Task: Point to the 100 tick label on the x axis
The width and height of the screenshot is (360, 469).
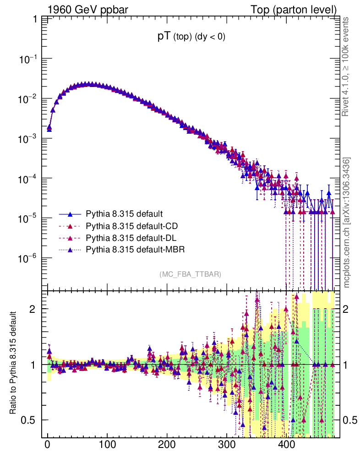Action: click(x=107, y=445)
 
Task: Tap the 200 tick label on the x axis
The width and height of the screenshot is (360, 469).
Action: click(x=166, y=445)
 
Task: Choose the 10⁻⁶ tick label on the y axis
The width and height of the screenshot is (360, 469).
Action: click(x=29, y=258)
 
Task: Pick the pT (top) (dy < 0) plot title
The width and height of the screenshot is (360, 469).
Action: click(x=191, y=37)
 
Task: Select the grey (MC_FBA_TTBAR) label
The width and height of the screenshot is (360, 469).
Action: click(x=191, y=274)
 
